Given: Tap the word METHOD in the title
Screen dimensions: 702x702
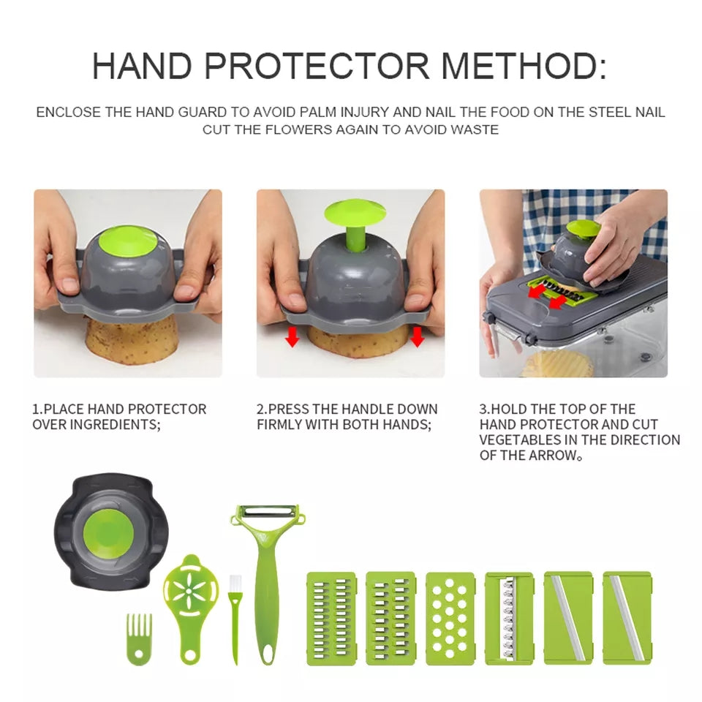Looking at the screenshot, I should tap(523, 66).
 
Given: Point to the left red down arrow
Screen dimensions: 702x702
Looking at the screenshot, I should tap(292, 337).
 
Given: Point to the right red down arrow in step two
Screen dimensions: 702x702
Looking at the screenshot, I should tap(417, 337).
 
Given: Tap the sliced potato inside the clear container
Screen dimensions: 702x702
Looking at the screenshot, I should tap(557, 363).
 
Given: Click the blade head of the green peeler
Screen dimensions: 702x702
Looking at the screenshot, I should tap(267, 513).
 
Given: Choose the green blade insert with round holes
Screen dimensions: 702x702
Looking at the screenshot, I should tap(450, 618).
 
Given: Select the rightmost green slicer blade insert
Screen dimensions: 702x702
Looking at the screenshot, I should tap(627, 618).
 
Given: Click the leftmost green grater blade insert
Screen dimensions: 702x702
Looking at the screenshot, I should tap(331, 618).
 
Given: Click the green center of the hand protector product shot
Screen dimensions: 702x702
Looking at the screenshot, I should tap(112, 530).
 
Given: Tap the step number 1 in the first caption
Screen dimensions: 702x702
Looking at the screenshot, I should tap(37, 409).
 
